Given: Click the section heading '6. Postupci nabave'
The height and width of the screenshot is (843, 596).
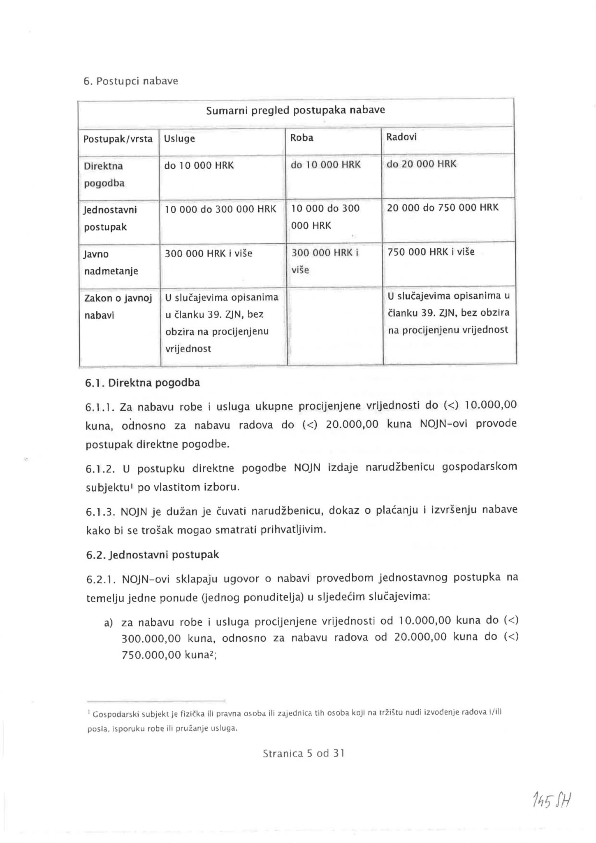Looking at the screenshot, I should tap(131, 81).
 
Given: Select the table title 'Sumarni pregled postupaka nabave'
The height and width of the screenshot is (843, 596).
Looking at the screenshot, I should tap(295, 110).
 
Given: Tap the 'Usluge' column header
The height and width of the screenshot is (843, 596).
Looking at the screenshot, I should tap(179, 139).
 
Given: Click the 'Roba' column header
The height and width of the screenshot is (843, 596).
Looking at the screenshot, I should tap(301, 138).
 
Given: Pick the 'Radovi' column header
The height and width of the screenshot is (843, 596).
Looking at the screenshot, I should tap(401, 137).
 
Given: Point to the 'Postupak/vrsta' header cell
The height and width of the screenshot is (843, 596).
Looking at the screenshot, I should tap(118, 139).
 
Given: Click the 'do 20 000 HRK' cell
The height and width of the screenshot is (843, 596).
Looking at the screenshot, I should tap(421, 164).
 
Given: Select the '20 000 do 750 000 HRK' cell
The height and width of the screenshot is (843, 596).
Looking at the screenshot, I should tap(443, 207).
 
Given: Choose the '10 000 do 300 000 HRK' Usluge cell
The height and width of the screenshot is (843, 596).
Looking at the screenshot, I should tap(220, 209).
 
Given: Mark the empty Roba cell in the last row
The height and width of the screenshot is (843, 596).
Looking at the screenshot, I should tap(334, 325).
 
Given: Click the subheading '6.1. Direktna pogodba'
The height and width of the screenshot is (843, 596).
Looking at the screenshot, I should tap(142, 383).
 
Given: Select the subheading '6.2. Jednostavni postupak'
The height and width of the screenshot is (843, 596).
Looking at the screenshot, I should tap(152, 555).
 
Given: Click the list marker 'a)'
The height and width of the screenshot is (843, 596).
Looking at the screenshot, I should tap(109, 623).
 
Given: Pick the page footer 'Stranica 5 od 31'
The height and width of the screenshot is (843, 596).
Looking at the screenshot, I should tap(303, 754).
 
